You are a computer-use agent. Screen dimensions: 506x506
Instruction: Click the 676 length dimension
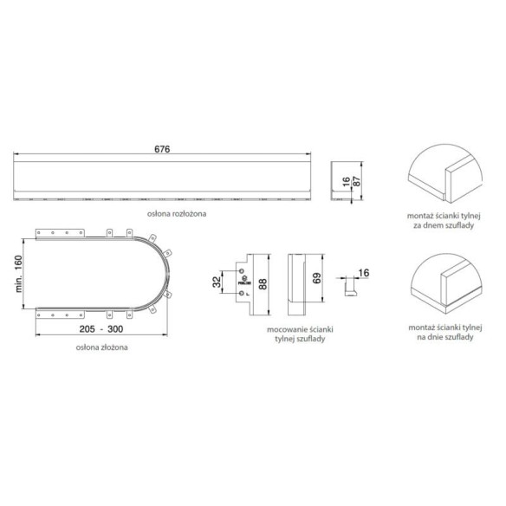[162, 149]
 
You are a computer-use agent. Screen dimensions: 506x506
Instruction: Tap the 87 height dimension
[357, 181]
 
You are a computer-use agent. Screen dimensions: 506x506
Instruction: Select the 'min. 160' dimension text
[19, 274]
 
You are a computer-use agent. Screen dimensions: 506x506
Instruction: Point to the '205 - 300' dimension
[101, 329]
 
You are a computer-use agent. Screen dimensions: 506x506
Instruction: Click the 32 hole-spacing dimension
[217, 282]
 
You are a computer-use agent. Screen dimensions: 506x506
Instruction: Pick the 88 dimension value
[263, 284]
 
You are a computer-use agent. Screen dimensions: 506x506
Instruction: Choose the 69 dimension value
[317, 278]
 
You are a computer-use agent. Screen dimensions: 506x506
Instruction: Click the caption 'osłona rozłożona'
[177, 214]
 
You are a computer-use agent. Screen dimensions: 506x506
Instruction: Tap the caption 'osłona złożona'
[101, 347]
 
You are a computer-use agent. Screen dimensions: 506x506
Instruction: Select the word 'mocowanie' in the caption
[287, 330]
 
